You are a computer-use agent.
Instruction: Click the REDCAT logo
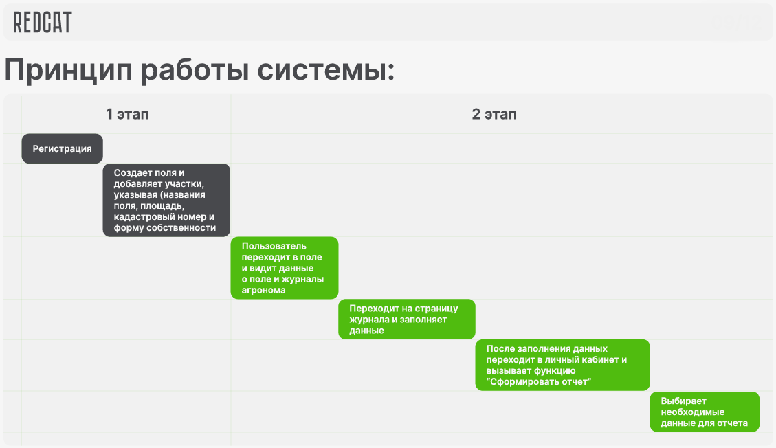(43, 22)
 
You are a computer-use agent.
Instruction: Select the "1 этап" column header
(127, 114)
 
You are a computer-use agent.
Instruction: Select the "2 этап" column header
(494, 114)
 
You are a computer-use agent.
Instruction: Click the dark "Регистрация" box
(62, 148)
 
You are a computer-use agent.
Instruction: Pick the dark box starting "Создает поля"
(166, 200)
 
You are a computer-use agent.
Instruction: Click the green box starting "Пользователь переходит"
(284, 268)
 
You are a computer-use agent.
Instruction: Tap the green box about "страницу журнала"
(406, 320)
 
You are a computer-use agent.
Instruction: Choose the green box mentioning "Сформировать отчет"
(562, 365)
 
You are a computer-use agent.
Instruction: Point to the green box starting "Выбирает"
(705, 412)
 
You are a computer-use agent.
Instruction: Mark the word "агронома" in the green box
(264, 290)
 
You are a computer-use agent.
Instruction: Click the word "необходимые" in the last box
(688, 412)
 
